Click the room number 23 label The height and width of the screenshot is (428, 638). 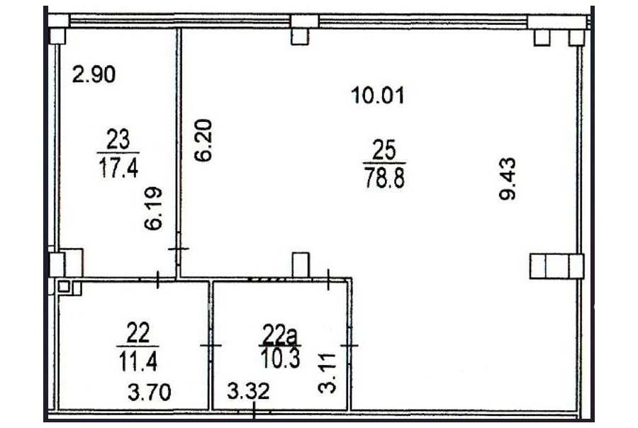(118, 139)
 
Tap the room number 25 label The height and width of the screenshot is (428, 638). (384, 150)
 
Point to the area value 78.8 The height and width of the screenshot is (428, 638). (385, 177)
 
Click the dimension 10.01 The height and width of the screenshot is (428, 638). (378, 96)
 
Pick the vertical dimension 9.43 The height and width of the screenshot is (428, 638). (508, 179)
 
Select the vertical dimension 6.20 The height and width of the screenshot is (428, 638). (203, 140)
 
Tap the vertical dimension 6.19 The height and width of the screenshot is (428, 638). (154, 208)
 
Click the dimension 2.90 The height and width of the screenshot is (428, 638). (94, 74)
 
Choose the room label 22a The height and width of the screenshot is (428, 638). (280, 335)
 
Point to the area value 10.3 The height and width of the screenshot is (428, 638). (281, 359)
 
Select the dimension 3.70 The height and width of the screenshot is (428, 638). (150, 393)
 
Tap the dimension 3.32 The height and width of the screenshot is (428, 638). (248, 391)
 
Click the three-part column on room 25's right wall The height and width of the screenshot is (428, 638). (556, 266)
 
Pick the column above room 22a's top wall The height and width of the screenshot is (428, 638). (301, 265)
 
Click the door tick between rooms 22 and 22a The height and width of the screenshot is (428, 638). (211, 345)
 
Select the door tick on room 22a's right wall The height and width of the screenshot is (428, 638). (349, 346)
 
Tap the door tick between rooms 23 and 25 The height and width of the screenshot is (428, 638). (178, 249)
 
